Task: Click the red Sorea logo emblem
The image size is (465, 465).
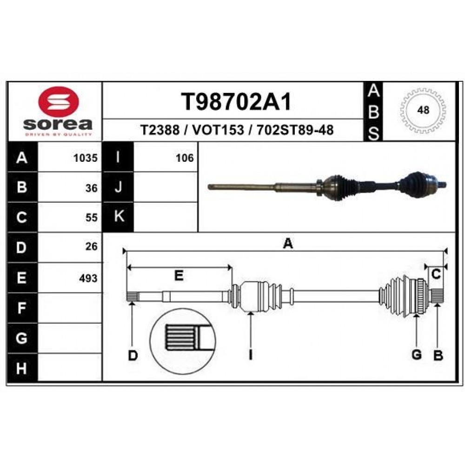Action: point(59,101)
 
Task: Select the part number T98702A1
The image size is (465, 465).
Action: point(236,102)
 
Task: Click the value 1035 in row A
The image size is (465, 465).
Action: point(86,158)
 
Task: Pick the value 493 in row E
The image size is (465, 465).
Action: point(88,278)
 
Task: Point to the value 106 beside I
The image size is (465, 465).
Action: point(185,158)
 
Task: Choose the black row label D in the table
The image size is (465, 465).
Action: point(22,247)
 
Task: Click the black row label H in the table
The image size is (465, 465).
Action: point(22,368)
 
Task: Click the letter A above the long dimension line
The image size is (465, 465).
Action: point(288,244)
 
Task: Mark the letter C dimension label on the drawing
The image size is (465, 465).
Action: point(436,275)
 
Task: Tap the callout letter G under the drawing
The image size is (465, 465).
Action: point(417,355)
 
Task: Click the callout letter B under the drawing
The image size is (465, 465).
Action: point(438,355)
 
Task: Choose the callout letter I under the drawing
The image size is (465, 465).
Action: point(251,355)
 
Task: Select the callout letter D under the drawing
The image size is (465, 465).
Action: point(133,355)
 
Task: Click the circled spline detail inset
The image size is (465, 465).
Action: point(183,341)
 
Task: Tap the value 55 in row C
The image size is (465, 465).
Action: point(91,218)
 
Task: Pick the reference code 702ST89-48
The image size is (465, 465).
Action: point(295,130)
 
